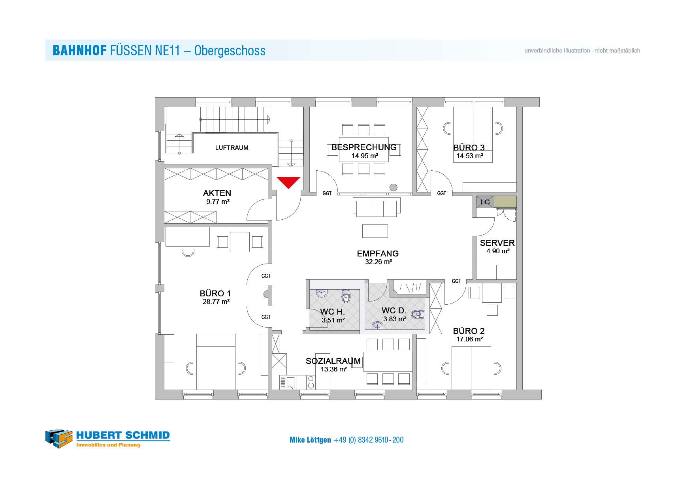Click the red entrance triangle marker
[288, 182]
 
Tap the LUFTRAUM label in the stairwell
[232, 148]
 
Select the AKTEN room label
[217, 193]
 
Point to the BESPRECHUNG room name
[364, 147]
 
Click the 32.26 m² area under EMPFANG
[379, 262]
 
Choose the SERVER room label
[497, 243]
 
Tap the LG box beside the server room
[485, 202]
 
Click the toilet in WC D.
[418, 315]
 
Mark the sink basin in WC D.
[378, 326]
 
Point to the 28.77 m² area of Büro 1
[216, 302]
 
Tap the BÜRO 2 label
[469, 331]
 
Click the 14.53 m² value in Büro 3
[470, 156]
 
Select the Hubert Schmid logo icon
[59, 439]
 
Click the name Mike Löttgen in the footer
[310, 440]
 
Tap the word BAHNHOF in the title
[79, 51]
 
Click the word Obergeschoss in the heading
[230, 51]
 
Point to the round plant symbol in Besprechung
[393, 187]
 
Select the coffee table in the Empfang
[375, 231]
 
